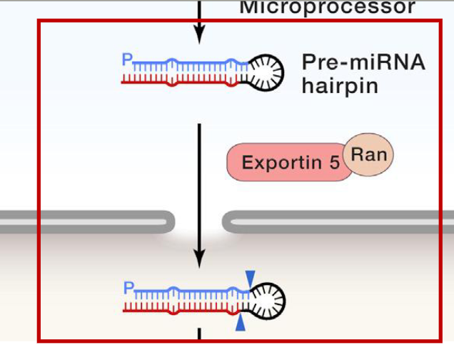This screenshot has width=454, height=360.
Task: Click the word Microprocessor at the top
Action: point(326,8)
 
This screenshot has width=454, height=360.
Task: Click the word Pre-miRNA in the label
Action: point(363,62)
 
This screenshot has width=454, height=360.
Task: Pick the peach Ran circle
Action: point(368,154)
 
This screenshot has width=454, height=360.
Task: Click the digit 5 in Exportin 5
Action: point(335,163)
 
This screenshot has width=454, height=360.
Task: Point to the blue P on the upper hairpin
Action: point(126,60)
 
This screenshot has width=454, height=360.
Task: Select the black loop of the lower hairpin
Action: point(269,300)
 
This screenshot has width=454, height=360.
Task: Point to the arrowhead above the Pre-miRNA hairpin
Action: point(200,33)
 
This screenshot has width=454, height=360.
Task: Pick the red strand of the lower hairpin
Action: point(178,311)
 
